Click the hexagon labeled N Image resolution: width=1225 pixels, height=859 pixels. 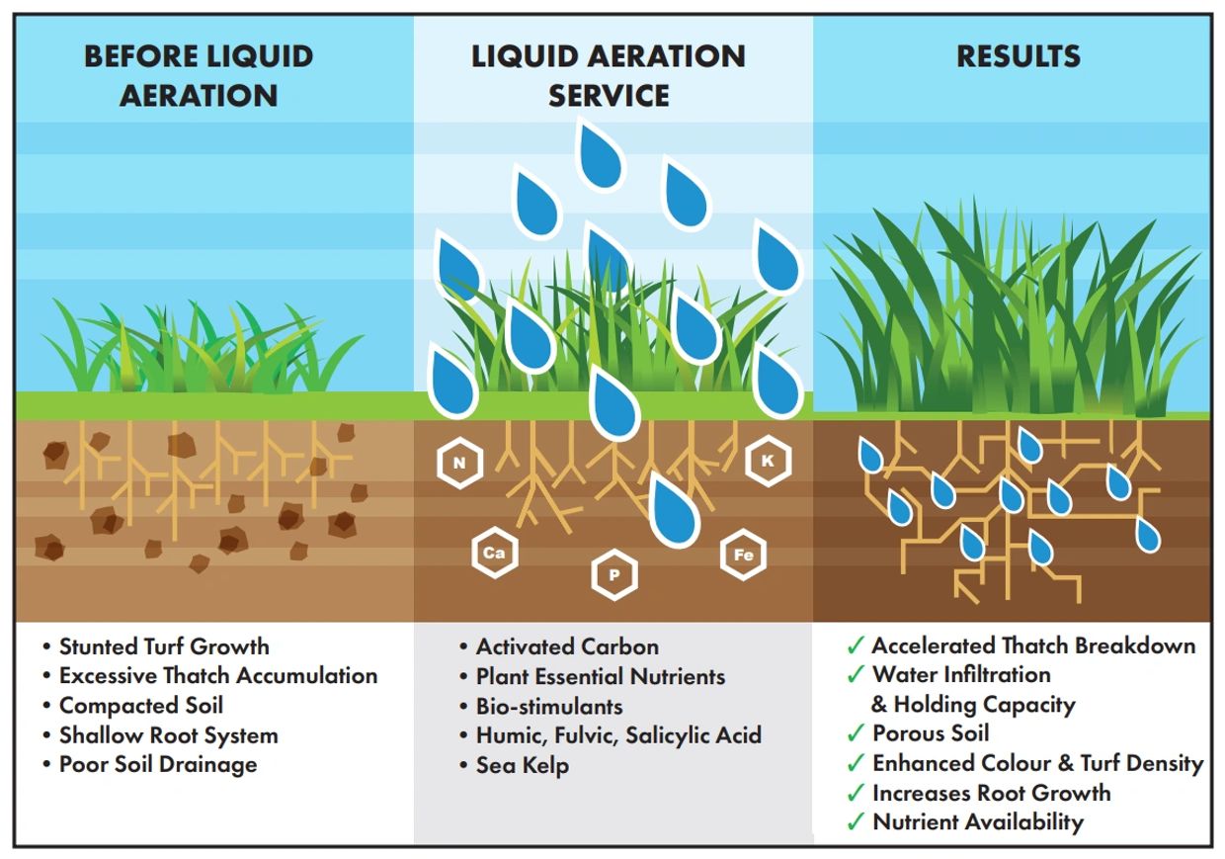click(459, 463)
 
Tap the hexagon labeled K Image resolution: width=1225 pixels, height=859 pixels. click(768, 462)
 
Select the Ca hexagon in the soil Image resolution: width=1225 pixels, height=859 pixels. click(493, 554)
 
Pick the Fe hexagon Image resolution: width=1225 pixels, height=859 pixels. click(743, 555)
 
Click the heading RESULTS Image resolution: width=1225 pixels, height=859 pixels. click(1018, 56)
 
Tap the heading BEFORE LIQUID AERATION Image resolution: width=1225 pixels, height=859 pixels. click(199, 75)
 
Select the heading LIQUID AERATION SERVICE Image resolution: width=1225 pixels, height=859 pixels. click(608, 75)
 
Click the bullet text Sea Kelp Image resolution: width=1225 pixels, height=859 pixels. click(523, 765)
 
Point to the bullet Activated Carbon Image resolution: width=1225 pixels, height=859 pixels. click(567, 647)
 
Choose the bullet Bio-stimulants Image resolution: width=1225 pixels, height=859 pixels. click(549, 707)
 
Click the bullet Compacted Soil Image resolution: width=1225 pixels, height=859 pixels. click(141, 706)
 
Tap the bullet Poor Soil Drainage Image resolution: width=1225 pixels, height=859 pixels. click(158, 765)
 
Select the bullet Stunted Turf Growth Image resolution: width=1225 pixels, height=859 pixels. click(164, 647)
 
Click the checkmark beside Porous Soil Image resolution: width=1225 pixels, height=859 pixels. click(856, 734)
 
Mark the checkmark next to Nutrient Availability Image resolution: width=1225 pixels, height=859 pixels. click(856, 822)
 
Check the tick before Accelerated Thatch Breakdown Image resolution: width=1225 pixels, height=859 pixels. click(856, 646)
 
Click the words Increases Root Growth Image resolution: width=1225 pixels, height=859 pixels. click(991, 793)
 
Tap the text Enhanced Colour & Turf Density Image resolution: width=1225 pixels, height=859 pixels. click(1037, 763)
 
